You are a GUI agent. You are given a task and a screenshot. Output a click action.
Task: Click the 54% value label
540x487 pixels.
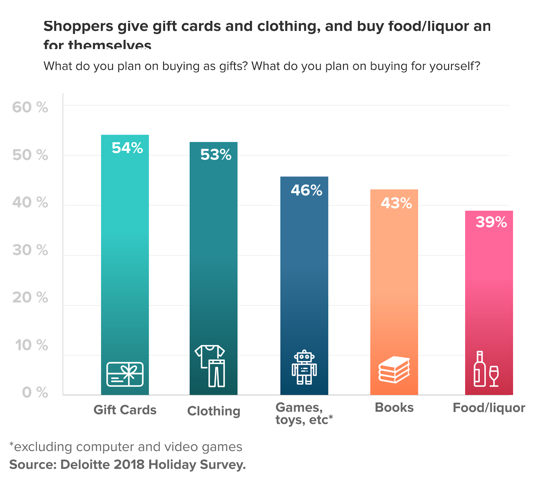pyautogui.click(x=127, y=148)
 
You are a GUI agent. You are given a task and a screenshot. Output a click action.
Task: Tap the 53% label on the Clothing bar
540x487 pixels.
pyautogui.click(x=216, y=155)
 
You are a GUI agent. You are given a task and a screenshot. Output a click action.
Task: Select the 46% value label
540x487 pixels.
pyautogui.click(x=306, y=190)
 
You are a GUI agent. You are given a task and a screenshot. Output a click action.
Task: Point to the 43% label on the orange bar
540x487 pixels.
pyautogui.click(x=396, y=203)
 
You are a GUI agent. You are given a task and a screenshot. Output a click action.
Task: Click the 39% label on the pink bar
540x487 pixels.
pyautogui.click(x=491, y=222)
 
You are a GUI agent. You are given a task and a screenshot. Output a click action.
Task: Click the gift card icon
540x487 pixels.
pyautogui.click(x=125, y=374)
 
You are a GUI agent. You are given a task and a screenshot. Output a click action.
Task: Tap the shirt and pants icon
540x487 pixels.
pyautogui.click(x=211, y=366)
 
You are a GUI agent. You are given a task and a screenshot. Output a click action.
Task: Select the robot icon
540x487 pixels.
pyautogui.click(x=304, y=367)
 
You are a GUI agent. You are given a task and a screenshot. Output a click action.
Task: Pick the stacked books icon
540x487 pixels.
pyautogui.click(x=394, y=369)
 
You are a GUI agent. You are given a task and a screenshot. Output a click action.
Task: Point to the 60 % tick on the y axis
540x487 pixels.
pyautogui.click(x=30, y=107)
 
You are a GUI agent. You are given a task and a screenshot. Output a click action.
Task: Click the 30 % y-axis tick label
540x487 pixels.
pyautogui.click(x=30, y=250)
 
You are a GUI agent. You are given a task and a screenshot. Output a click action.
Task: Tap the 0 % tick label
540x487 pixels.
pyautogui.click(x=35, y=392)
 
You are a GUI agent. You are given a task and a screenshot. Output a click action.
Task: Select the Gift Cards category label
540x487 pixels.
pyautogui.click(x=125, y=410)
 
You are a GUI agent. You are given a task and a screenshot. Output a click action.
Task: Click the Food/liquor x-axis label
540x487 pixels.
pyautogui.click(x=489, y=408)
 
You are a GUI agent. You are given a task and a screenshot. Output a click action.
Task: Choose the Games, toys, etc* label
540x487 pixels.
pyautogui.click(x=304, y=413)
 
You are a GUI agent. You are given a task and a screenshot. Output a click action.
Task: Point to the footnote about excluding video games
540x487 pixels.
pyautogui.click(x=126, y=447)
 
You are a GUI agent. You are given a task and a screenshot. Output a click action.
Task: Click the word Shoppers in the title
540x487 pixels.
pyautogui.click(x=78, y=26)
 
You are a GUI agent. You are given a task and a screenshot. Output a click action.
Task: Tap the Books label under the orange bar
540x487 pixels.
pyautogui.click(x=394, y=408)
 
